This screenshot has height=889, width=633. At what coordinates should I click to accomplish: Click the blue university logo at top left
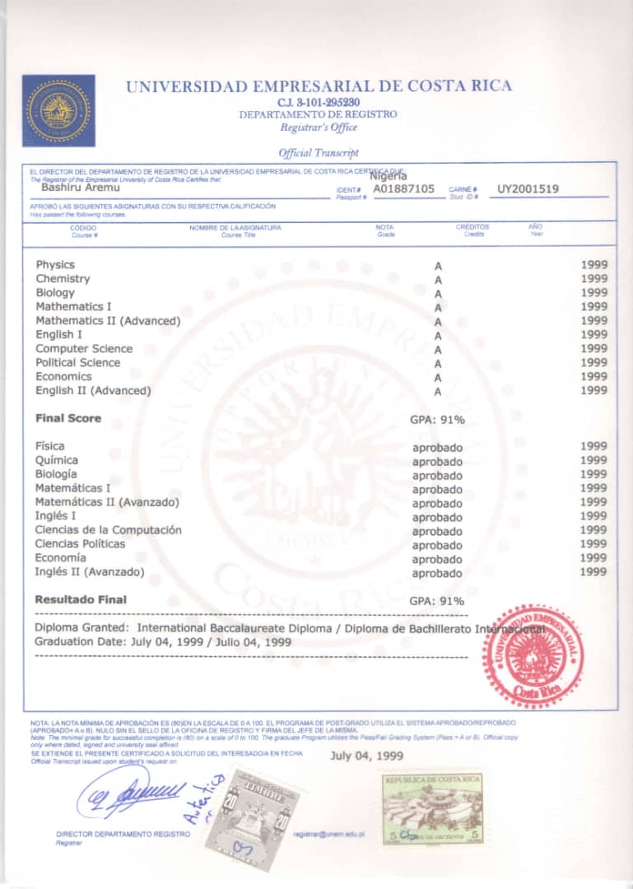(x=58, y=110)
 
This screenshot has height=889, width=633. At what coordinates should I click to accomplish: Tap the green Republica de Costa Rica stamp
(x=432, y=808)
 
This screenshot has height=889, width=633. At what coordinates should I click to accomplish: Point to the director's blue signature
(x=132, y=794)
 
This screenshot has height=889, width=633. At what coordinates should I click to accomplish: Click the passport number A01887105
(x=403, y=189)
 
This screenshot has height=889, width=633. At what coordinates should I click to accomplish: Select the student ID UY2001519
(x=528, y=189)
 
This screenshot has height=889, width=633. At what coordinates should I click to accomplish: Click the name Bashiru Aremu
(x=75, y=188)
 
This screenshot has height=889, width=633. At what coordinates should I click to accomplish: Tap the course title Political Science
(x=77, y=362)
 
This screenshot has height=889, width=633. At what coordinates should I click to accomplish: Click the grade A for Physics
(x=438, y=266)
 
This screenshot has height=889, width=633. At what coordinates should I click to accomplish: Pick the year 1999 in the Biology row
(x=593, y=292)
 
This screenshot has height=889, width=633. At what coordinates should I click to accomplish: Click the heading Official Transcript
(x=319, y=152)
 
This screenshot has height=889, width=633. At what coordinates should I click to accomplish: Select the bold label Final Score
(x=68, y=418)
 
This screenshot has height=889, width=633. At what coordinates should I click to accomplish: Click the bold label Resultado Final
(x=81, y=599)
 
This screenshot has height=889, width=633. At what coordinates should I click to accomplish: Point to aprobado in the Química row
(x=437, y=462)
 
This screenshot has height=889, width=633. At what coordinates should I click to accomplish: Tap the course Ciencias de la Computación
(x=108, y=530)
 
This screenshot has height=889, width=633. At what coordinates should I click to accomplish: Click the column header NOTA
(x=384, y=227)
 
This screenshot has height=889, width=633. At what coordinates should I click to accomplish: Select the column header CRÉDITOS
(x=472, y=226)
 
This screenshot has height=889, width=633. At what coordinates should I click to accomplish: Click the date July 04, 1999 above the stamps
(x=367, y=755)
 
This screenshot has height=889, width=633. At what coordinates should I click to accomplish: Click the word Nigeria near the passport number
(x=389, y=175)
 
